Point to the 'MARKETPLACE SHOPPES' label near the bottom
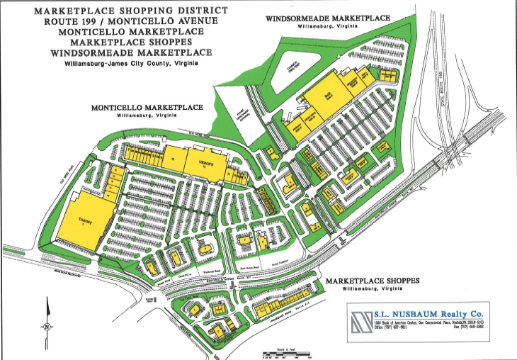(x=373, y=281)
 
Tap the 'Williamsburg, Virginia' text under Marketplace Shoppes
(x=373, y=288)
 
